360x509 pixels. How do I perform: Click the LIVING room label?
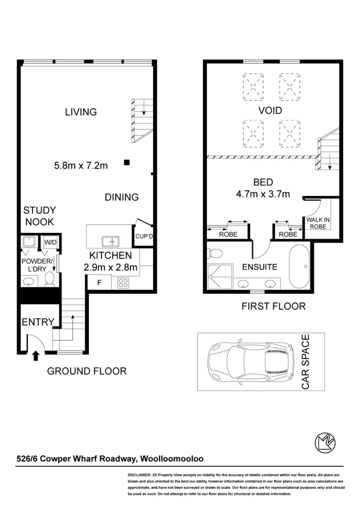(80, 112)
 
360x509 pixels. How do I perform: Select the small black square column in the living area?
(126, 163)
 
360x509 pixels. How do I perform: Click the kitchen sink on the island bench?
(108, 241)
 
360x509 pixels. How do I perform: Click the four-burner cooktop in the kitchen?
(124, 282)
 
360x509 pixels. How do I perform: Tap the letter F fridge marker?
(99, 282)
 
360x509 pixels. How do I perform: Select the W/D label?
(50, 241)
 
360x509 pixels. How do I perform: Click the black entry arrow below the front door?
(36, 356)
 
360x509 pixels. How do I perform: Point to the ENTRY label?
(38, 322)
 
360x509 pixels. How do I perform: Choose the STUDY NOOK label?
(39, 216)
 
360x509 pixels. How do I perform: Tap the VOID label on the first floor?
(270, 110)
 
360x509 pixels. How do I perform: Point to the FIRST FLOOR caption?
(273, 306)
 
